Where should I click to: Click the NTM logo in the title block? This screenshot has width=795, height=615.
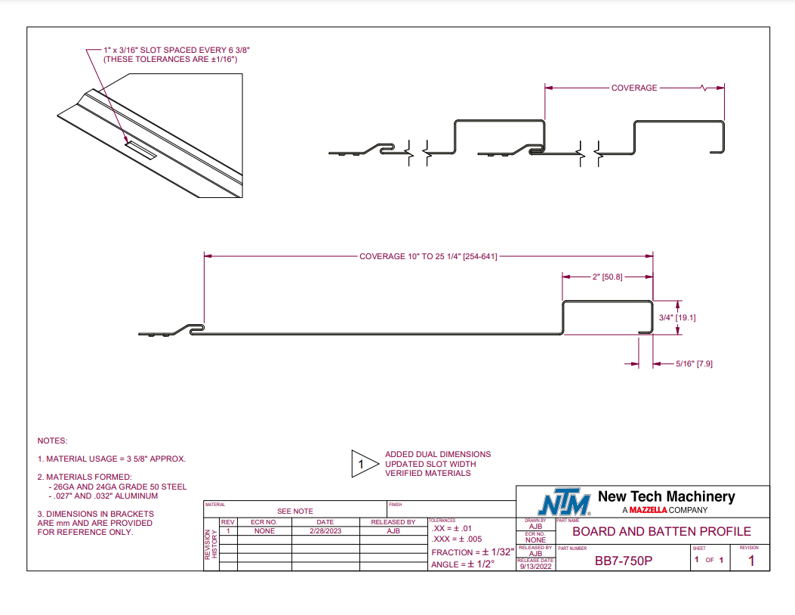pyautogui.click(x=564, y=502)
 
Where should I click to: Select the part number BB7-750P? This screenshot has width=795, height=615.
pyautogui.click(x=624, y=561)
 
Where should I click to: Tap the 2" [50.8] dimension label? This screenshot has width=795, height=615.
pyautogui.click(x=608, y=277)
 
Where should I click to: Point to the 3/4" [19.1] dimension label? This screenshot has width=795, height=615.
pyautogui.click(x=677, y=317)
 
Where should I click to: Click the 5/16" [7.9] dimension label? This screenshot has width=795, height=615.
pyautogui.click(x=694, y=364)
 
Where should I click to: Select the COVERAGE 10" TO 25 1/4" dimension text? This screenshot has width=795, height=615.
pyautogui.click(x=428, y=257)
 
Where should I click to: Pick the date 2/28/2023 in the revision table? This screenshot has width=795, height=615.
pyautogui.click(x=325, y=531)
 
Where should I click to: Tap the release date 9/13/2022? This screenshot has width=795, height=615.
pyautogui.click(x=535, y=567)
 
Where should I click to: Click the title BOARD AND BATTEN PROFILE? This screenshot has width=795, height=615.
pyautogui.click(x=661, y=531)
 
